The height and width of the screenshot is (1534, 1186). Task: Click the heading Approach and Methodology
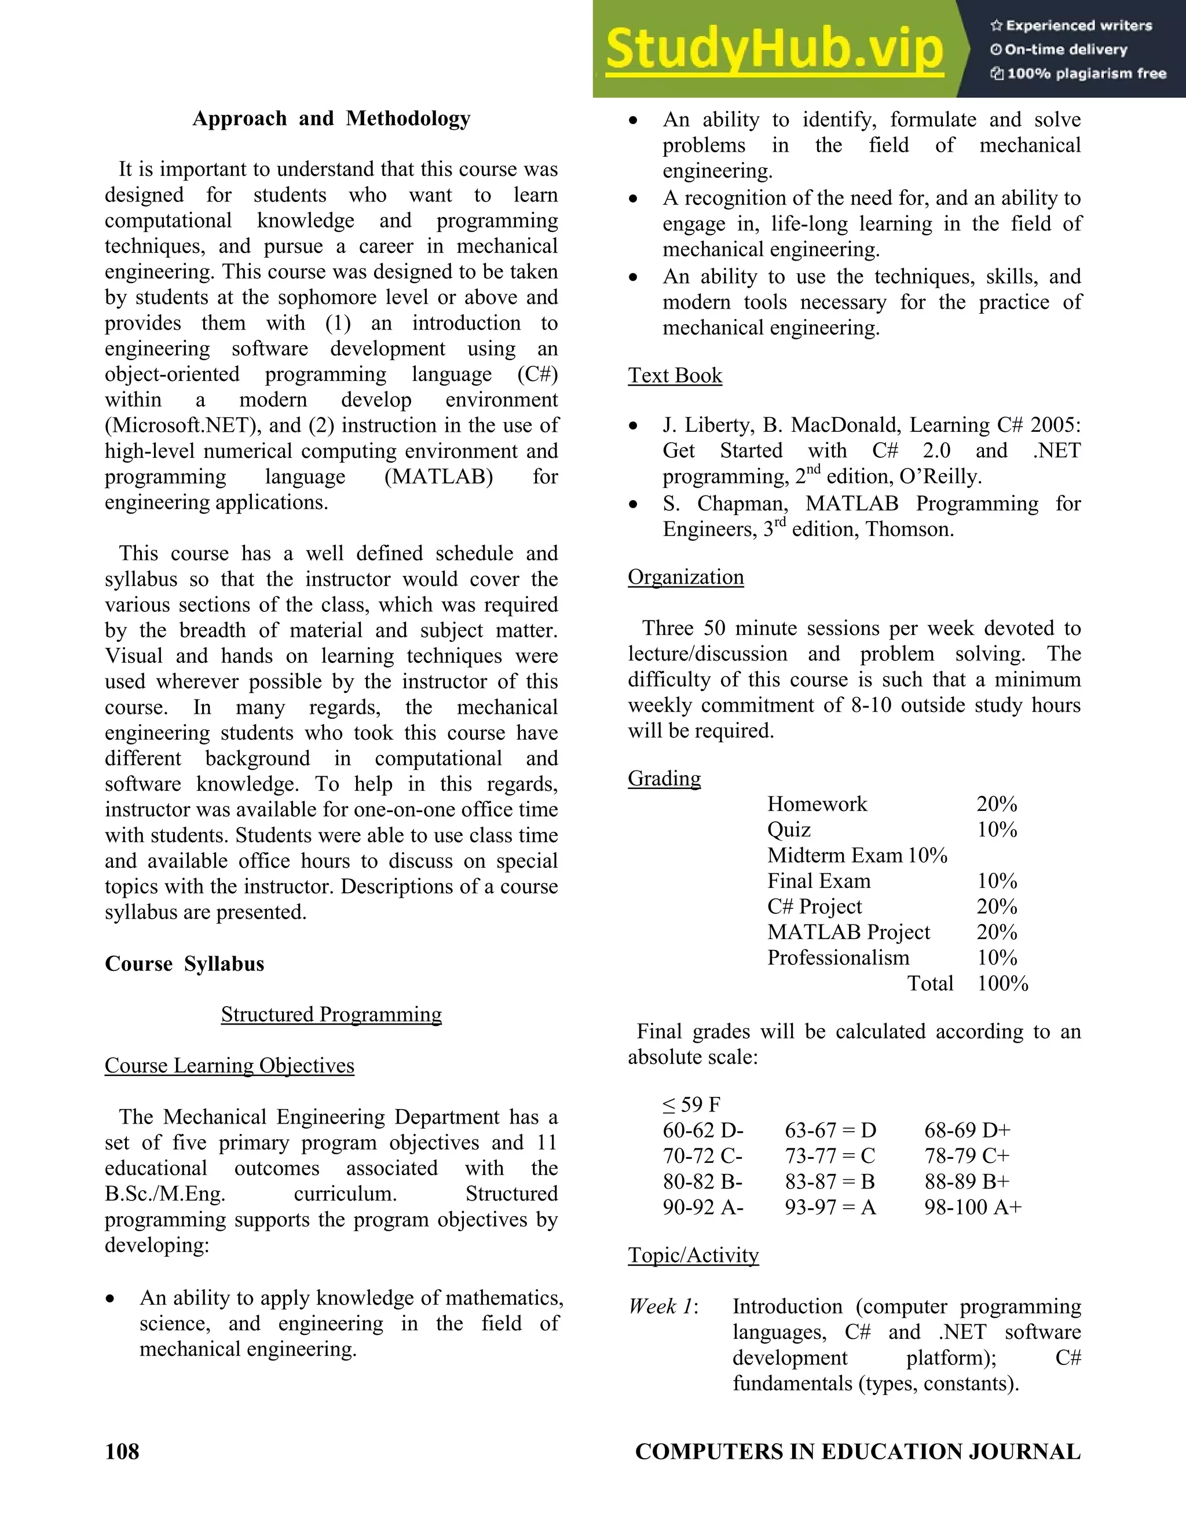tap(331, 118)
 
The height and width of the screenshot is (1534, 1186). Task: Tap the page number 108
tap(122, 1451)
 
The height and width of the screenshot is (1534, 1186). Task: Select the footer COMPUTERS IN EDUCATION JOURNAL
tap(857, 1451)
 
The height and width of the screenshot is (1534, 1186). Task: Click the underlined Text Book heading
tap(675, 375)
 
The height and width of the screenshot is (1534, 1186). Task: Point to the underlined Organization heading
tap(685, 577)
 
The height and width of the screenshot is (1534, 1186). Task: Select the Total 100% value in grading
tap(1002, 983)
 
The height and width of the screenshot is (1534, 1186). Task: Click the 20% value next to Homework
tap(996, 803)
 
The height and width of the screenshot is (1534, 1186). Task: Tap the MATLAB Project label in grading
tap(848, 932)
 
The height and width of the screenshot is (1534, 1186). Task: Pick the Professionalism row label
tap(837, 957)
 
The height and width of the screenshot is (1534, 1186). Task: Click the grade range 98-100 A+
tap(972, 1207)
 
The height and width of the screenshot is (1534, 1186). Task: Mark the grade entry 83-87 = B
tap(830, 1181)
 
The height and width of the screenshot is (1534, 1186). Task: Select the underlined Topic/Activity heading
tap(693, 1255)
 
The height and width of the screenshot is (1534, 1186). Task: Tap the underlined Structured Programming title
tap(331, 1014)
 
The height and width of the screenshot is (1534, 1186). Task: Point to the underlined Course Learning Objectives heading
tap(229, 1066)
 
